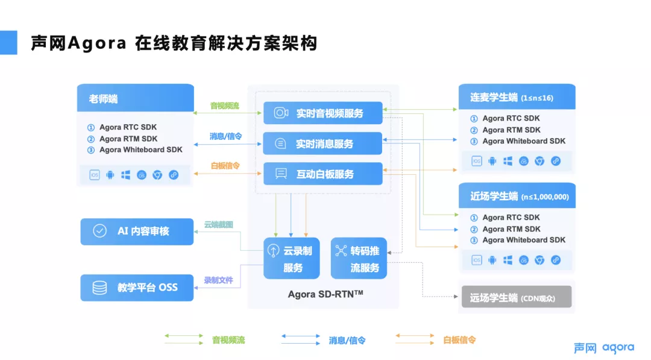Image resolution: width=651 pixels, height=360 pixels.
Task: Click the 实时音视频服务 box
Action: (x=323, y=113)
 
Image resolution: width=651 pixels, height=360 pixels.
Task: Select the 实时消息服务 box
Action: (x=323, y=144)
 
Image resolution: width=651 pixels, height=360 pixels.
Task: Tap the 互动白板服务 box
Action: (x=323, y=174)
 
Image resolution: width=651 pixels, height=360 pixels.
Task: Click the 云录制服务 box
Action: (x=292, y=258)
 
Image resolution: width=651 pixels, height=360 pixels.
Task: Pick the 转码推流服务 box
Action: (x=359, y=258)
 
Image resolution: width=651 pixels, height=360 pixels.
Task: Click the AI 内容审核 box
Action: (x=137, y=231)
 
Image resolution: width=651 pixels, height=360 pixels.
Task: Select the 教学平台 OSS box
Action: (x=137, y=288)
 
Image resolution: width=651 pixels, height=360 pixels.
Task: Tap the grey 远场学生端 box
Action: (x=516, y=297)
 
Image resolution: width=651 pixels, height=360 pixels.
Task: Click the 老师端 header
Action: (x=136, y=98)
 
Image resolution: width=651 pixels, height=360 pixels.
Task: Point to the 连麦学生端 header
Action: (x=516, y=96)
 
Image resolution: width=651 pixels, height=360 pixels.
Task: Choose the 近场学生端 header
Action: (x=516, y=196)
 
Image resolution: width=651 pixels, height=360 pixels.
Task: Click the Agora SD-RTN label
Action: (x=325, y=294)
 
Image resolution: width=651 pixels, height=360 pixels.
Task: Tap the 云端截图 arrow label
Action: (x=218, y=224)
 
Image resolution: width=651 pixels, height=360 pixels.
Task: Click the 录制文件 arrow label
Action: (x=218, y=280)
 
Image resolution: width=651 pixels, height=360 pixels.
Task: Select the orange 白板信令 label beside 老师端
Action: (x=225, y=165)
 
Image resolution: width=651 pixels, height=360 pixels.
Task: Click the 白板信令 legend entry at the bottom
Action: (x=459, y=340)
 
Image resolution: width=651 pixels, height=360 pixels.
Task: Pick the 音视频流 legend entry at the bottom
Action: (x=228, y=340)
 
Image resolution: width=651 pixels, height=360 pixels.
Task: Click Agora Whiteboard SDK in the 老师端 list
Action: (x=140, y=150)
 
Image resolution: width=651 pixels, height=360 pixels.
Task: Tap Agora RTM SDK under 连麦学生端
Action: (x=511, y=130)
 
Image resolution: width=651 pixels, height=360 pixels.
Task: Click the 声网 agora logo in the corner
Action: (x=603, y=347)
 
